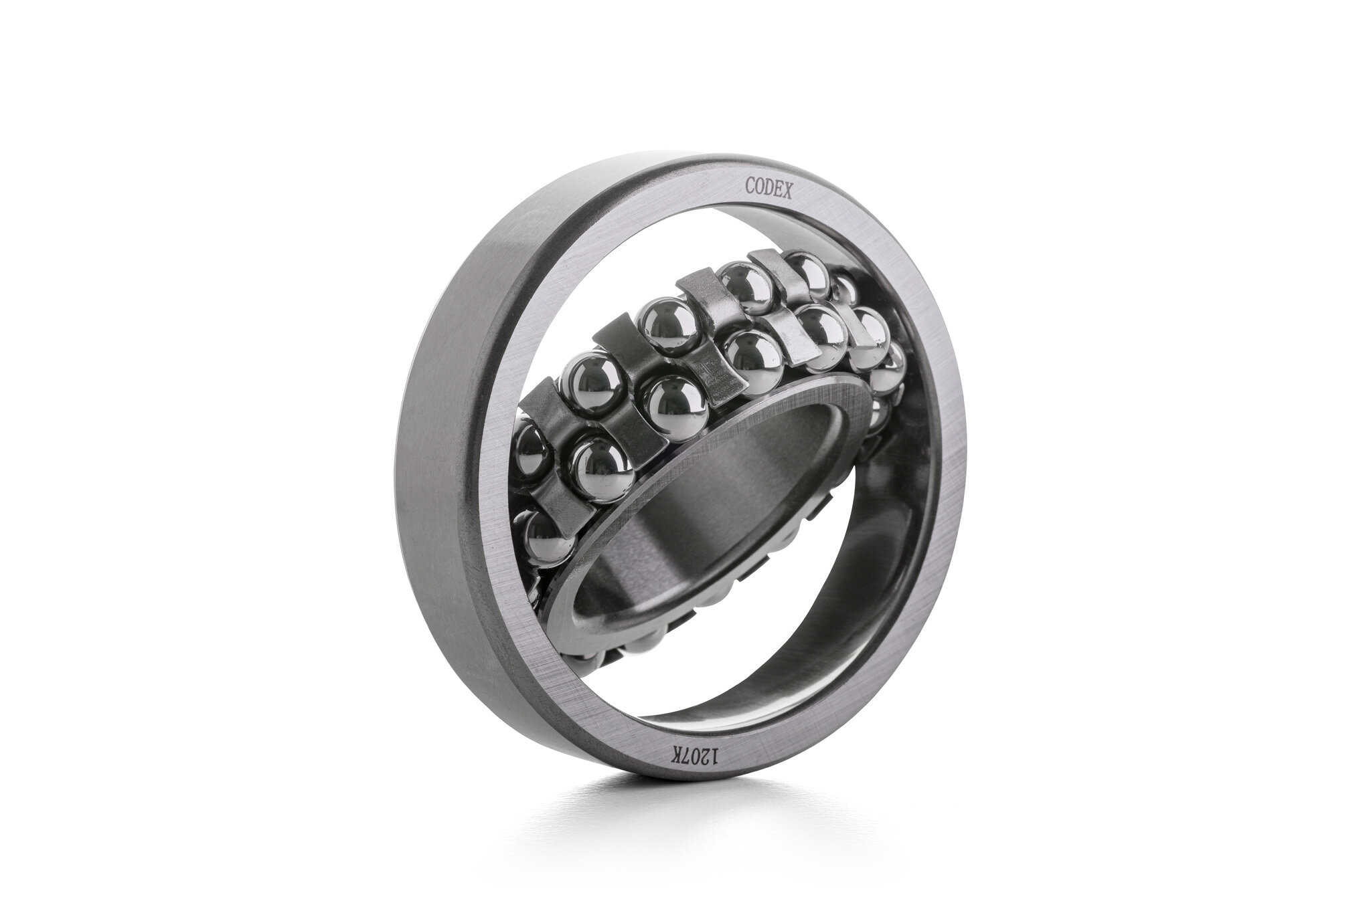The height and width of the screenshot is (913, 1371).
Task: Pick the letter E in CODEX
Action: [x=779, y=191]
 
